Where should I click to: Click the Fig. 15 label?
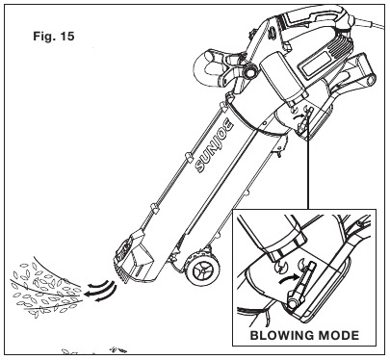click(x=54, y=36)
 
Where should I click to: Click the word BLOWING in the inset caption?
click(x=282, y=335)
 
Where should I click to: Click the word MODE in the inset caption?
click(x=339, y=335)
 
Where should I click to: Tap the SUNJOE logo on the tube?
click(x=215, y=146)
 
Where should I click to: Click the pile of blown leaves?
click(x=45, y=289)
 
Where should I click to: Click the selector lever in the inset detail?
click(x=304, y=282)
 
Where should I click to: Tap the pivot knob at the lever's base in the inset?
click(x=293, y=302)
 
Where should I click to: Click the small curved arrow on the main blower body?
click(x=299, y=115)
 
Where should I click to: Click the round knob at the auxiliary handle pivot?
click(x=248, y=72)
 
